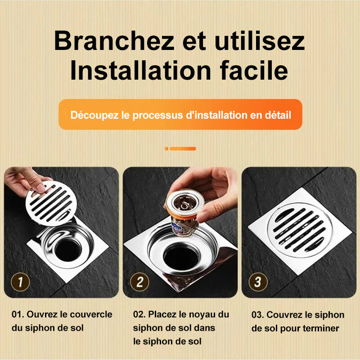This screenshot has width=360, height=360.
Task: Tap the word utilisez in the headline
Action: [260, 41]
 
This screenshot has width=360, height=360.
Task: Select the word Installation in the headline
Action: [140, 70]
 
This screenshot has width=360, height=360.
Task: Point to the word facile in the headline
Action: [254, 70]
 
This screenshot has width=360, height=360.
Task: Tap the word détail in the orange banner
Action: [278, 115]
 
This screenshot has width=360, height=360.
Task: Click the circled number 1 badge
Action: [20, 282]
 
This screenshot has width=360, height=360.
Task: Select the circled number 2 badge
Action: [139, 282]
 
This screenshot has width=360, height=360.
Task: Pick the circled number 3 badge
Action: [258, 282]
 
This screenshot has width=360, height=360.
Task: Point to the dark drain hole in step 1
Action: [68, 250]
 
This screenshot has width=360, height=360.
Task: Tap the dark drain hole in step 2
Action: [181, 257]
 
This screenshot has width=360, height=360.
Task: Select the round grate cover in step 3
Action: [300, 230]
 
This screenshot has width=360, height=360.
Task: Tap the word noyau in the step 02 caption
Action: [201, 315]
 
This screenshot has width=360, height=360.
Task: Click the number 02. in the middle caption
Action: [139, 314]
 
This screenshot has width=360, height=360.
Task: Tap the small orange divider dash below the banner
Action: [180, 149]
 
